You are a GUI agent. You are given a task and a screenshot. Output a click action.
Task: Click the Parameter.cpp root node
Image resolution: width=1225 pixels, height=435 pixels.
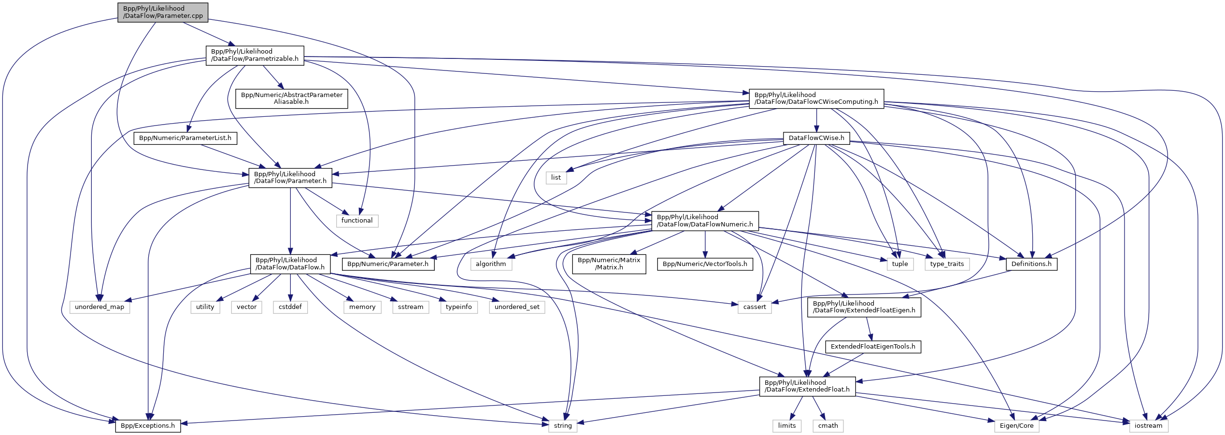point(163,12)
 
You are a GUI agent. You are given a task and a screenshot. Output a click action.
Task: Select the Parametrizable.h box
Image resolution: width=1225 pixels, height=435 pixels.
point(255,55)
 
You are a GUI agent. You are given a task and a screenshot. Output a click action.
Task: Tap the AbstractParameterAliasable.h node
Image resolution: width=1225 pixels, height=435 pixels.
point(291,98)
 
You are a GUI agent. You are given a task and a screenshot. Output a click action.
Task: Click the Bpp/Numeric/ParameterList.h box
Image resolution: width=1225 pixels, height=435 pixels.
point(185,138)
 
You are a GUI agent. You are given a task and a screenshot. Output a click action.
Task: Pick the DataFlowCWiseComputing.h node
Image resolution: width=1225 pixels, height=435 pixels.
point(816,98)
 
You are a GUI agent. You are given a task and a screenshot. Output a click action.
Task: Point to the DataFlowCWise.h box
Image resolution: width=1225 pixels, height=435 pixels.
point(816,138)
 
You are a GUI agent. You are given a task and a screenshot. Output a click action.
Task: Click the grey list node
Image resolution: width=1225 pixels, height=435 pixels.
point(556,178)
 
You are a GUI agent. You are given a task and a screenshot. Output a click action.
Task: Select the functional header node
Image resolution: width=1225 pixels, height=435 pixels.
point(357,221)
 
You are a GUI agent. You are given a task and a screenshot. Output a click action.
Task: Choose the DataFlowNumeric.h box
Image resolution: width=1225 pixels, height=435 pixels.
point(705,221)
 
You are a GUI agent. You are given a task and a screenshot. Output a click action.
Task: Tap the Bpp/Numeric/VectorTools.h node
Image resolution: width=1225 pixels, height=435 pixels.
point(705,264)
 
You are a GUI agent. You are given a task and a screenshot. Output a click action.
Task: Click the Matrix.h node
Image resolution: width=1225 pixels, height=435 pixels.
point(609,264)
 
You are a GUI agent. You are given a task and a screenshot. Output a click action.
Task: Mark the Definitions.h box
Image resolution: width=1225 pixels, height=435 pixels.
point(1031,264)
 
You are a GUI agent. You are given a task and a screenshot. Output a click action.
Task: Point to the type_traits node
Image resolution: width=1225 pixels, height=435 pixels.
point(947,264)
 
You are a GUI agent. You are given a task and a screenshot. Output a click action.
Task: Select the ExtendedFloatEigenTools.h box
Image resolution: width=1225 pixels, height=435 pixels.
point(873,347)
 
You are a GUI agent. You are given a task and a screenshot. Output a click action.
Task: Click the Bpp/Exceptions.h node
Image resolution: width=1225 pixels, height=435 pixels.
point(148,426)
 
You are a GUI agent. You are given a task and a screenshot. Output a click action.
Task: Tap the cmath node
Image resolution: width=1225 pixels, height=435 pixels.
point(828,426)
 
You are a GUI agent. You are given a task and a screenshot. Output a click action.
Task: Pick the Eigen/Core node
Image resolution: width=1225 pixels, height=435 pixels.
point(1016,426)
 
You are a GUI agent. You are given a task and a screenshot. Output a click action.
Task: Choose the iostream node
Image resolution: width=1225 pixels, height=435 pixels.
point(1148,426)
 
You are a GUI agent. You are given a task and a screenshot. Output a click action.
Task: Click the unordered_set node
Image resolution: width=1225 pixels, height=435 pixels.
point(517,307)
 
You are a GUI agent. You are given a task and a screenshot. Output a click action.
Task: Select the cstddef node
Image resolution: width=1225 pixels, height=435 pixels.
point(290,307)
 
